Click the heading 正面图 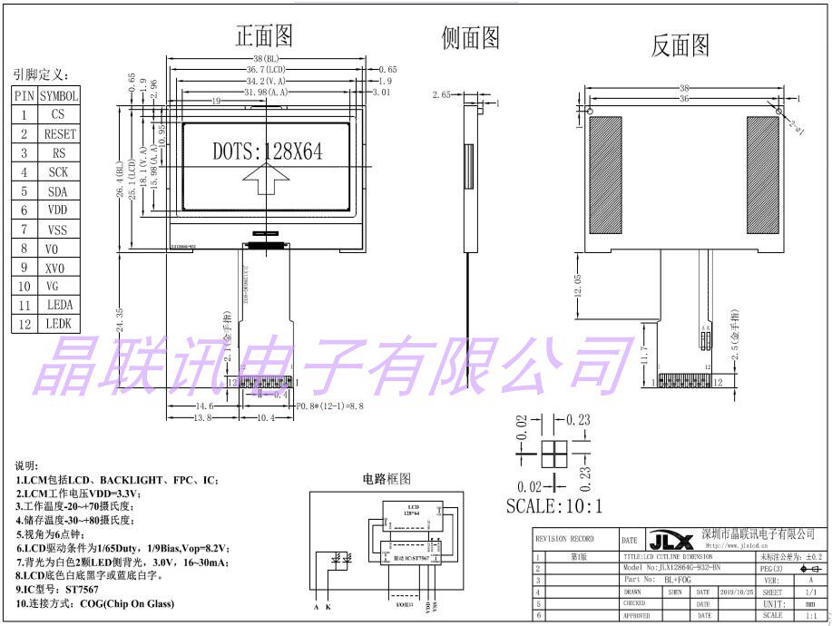point(264,35)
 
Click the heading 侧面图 point(470,37)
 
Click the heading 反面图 point(680,45)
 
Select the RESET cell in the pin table point(60,133)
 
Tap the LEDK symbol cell point(59,323)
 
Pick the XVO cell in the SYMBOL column point(60,267)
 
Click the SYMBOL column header point(60,95)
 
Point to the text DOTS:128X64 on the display point(268,151)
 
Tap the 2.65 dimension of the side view point(442,94)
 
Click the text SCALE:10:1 point(553,505)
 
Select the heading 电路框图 point(387,478)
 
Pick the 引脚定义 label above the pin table point(40,74)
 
